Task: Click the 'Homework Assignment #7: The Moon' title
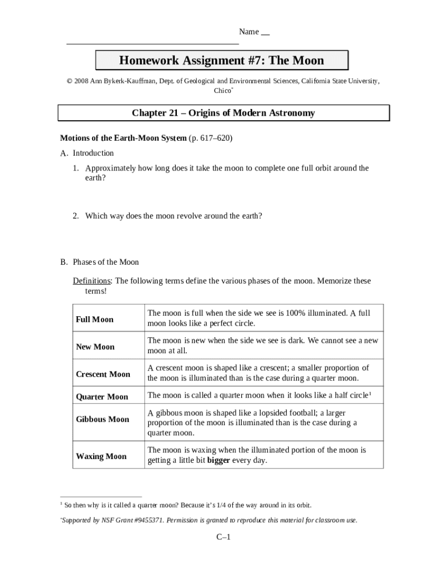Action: [221, 60]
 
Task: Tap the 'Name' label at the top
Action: [249, 32]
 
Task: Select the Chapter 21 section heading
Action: [223, 113]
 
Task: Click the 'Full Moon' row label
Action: [94, 319]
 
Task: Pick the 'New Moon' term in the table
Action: [95, 347]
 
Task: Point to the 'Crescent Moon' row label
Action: [103, 374]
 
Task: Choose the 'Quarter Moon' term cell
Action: [101, 396]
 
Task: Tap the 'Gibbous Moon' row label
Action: [102, 419]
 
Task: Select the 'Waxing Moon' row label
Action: [101, 456]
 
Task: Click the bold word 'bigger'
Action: [218, 460]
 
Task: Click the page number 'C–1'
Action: [223, 538]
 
